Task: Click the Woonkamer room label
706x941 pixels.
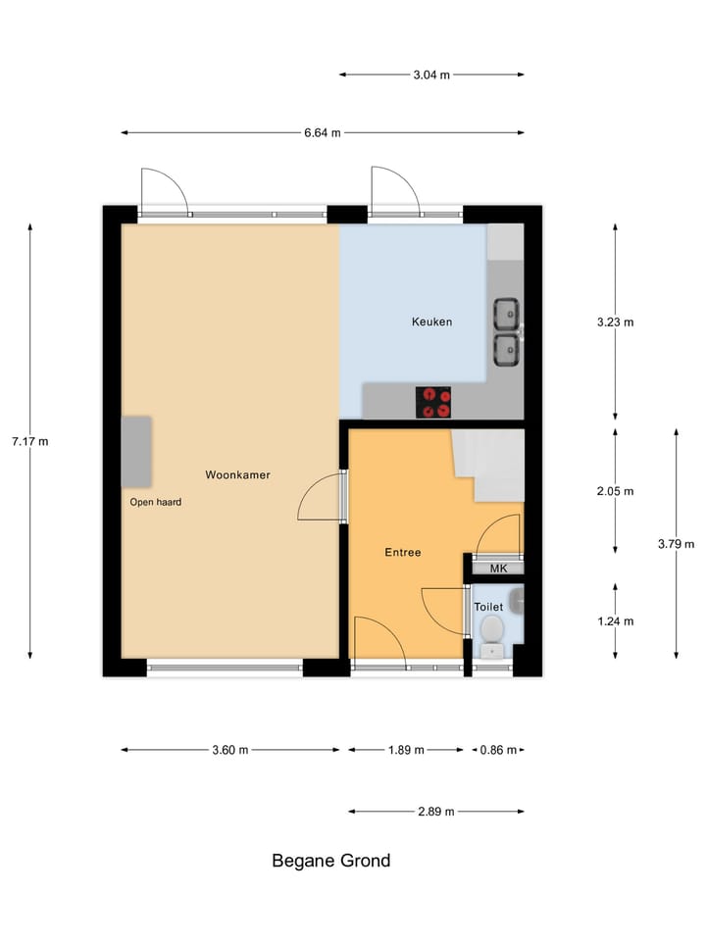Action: [237, 474]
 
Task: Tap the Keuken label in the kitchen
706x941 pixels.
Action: [431, 322]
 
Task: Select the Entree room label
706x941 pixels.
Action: [402, 552]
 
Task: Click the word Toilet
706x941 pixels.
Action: [488, 607]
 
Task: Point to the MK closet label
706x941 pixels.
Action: [498, 569]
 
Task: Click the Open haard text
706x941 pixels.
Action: [156, 502]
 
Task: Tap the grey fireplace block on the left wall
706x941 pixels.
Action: [136, 452]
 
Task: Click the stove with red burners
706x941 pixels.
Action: [434, 402]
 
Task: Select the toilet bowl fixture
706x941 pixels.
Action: [492, 627]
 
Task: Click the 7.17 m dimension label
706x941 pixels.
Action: [29, 441]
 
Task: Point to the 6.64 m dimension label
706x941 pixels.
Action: [323, 133]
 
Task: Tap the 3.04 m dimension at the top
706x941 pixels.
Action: [431, 74]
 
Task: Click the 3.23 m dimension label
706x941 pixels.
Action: [616, 322]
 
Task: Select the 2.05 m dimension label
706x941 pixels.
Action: [616, 491]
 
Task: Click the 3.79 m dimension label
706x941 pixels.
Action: [676, 544]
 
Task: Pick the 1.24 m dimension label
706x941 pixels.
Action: [616, 620]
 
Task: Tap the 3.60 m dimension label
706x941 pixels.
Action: [230, 750]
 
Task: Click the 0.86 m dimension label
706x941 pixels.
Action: [497, 750]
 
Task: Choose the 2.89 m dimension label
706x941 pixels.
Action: [436, 811]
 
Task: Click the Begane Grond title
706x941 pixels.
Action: [330, 861]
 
